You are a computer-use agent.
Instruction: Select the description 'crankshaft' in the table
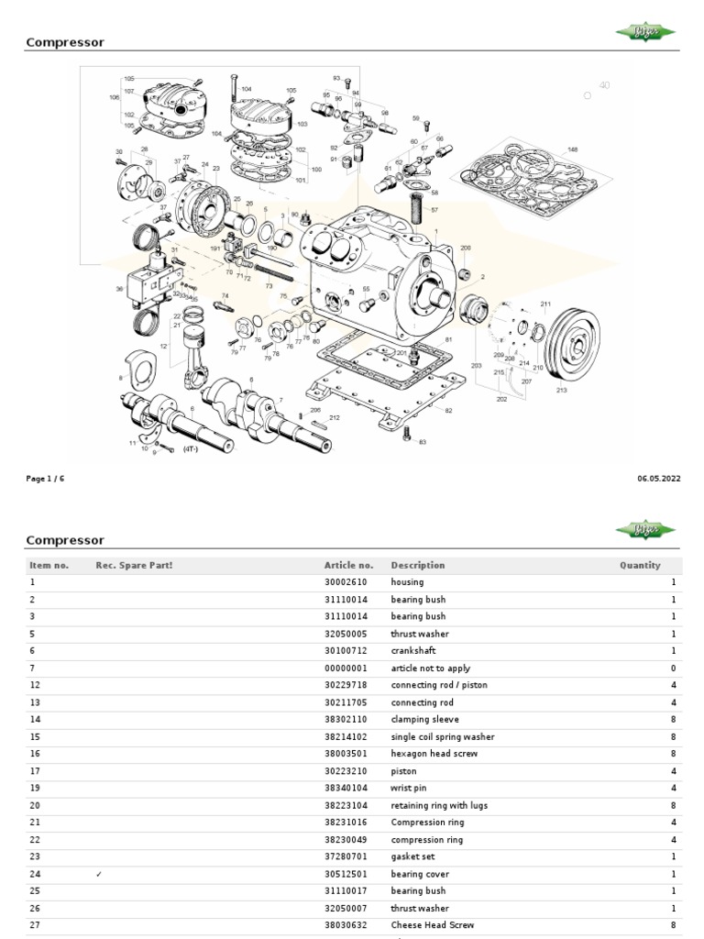[x=413, y=651]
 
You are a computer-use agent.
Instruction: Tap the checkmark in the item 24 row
[x=98, y=874]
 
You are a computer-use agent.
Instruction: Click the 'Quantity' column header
[x=639, y=566]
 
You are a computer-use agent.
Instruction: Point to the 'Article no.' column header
[x=348, y=566]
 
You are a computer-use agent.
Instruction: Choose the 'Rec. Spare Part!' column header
[x=134, y=566]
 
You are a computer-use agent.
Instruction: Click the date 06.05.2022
[x=658, y=479]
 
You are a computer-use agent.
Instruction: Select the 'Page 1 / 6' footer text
[x=45, y=479]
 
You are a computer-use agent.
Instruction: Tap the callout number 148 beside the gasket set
[x=572, y=149]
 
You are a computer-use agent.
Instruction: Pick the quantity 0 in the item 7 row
[x=673, y=668]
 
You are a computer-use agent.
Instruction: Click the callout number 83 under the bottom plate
[x=423, y=443]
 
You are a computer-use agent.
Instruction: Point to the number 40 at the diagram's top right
[x=604, y=85]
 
